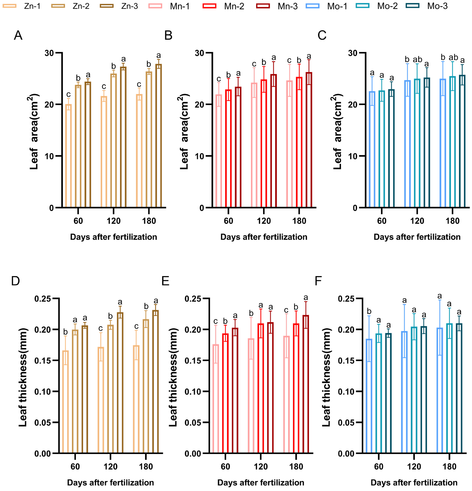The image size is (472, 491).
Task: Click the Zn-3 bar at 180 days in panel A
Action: (158, 136)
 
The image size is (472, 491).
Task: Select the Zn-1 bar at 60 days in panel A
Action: (68, 156)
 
